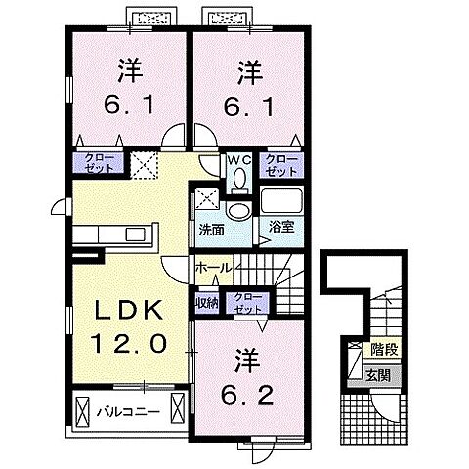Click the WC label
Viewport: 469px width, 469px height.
[239, 159]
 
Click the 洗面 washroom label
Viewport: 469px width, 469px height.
[211, 231]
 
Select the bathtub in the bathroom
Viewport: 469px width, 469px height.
[284, 202]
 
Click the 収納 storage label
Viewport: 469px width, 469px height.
[206, 302]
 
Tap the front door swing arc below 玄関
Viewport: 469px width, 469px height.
[384, 407]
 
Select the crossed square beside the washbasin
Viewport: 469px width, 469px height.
[205, 198]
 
